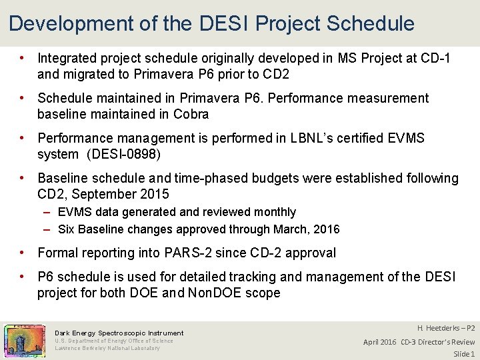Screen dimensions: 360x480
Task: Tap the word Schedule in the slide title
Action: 370,24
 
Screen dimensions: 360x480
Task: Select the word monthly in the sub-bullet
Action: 273,212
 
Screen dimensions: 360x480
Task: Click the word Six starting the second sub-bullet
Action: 67,229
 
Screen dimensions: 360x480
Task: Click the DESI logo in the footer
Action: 25,340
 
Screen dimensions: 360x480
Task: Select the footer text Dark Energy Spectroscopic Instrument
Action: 119,333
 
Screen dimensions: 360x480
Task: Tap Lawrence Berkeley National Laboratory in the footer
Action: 107,348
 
